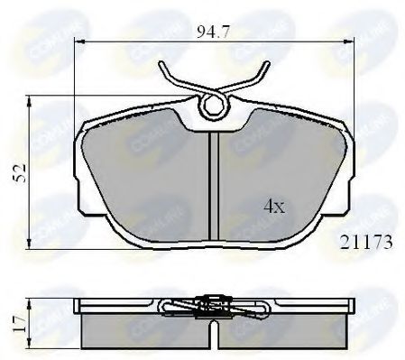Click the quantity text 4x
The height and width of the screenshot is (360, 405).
coord(273,207)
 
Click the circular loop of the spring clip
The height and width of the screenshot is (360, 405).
coord(213,107)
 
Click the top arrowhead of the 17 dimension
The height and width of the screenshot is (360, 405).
coord(34,300)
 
